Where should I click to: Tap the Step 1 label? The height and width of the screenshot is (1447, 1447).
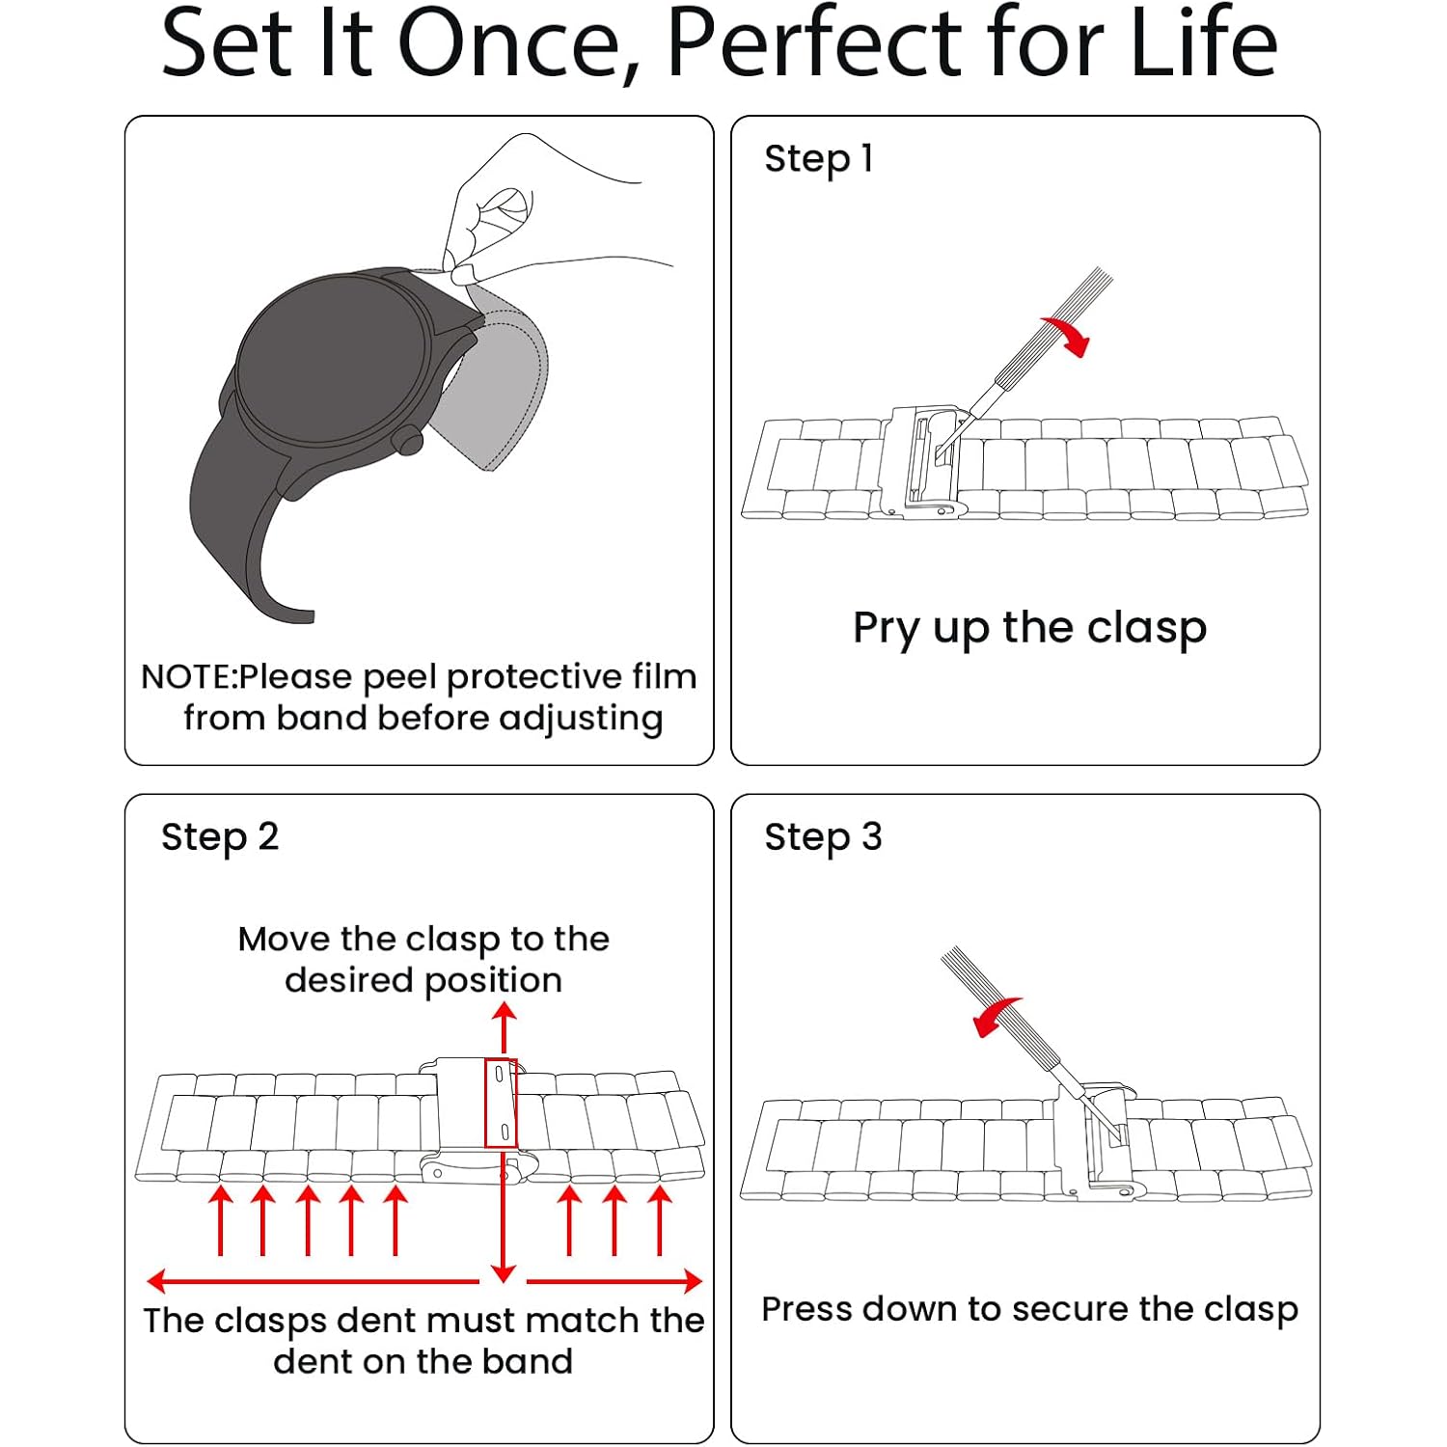point(819,159)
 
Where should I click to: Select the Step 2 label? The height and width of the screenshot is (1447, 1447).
point(220,837)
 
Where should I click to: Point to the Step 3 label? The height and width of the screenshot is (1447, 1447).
point(823,837)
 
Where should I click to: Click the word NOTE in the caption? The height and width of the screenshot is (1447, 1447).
point(187,677)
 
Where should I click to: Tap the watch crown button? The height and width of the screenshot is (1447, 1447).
point(408,440)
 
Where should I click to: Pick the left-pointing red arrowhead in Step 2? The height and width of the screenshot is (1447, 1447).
point(157,1281)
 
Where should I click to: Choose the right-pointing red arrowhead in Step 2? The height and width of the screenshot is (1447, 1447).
point(692,1281)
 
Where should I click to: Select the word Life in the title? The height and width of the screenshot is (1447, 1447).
point(1204,43)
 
